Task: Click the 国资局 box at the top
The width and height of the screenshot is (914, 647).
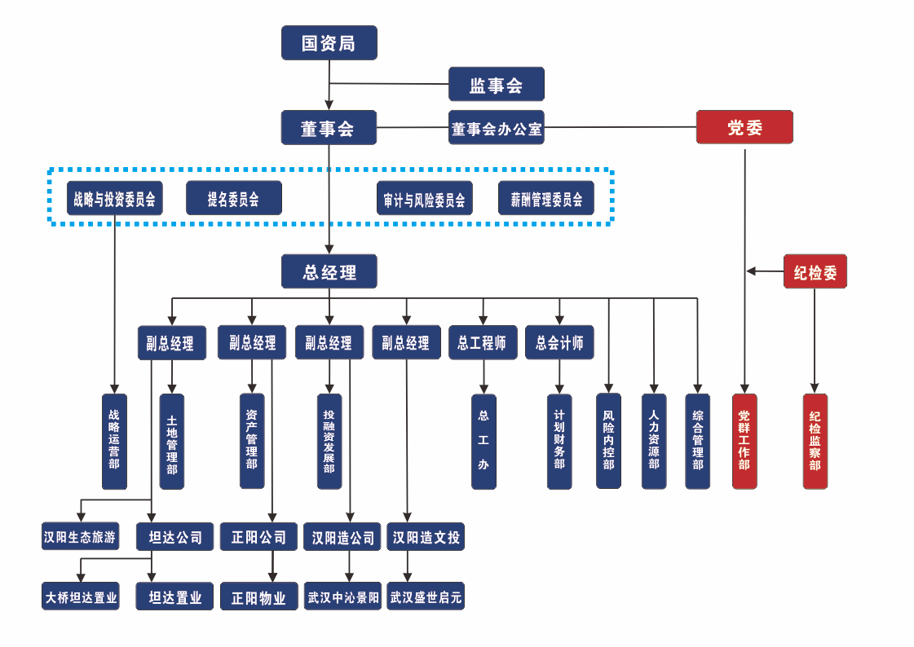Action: [329, 42]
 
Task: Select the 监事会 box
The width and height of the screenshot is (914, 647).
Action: [496, 85]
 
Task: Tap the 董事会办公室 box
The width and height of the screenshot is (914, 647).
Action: [496, 128]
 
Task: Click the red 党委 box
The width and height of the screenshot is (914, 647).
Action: [744, 127]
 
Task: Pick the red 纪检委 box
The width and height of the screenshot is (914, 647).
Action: [815, 271]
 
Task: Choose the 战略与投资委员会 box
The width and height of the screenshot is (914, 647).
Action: [115, 198]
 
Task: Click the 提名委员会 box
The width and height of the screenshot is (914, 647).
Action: [234, 198]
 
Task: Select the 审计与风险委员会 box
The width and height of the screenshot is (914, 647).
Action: [425, 198]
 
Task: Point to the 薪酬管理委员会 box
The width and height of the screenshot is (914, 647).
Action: [546, 198]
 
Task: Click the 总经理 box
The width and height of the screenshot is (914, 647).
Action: [329, 271]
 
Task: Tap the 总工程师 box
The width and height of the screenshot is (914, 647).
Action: [483, 343]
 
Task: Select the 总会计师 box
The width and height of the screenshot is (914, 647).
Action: [559, 343]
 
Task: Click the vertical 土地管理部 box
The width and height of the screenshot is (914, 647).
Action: [172, 442]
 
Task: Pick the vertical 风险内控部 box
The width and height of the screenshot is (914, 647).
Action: [608, 441]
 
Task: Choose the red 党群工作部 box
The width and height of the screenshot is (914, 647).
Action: [744, 441]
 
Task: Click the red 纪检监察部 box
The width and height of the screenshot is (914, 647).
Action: [815, 441]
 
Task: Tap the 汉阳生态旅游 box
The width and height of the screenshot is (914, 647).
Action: [81, 537]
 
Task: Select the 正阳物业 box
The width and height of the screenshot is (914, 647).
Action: [258, 596]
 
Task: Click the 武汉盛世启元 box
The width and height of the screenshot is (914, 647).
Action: [426, 596]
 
